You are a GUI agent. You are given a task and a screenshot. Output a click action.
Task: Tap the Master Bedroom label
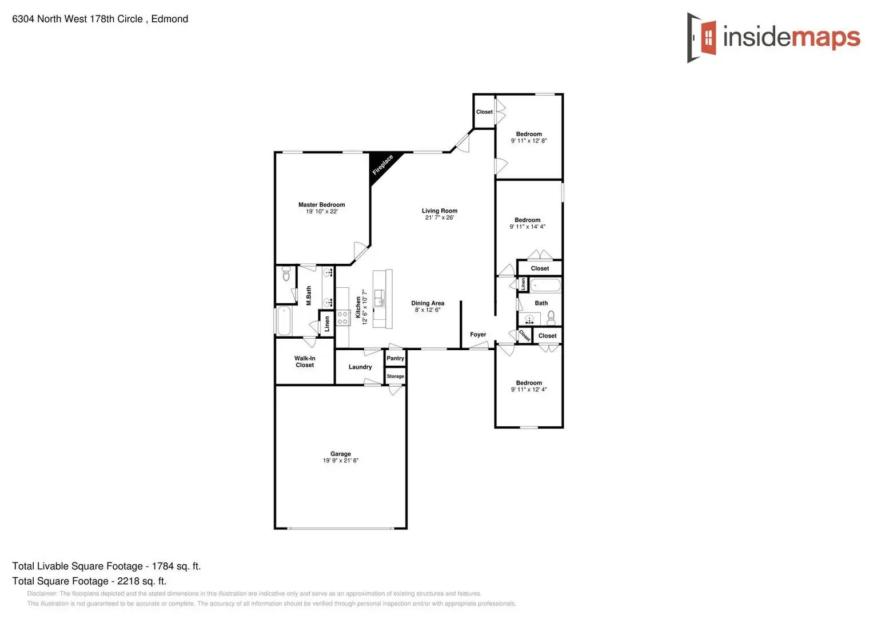[x=321, y=205]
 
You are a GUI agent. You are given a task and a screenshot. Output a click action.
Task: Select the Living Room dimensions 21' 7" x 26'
[x=439, y=217]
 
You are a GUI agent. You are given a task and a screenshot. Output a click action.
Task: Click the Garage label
[x=340, y=454]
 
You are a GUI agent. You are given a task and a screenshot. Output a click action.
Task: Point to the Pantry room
[x=395, y=358]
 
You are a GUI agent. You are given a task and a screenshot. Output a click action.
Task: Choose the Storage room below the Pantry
[x=395, y=376]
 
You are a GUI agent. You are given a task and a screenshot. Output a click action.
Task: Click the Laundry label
[x=360, y=367]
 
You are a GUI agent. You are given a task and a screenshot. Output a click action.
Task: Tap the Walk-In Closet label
[x=305, y=362]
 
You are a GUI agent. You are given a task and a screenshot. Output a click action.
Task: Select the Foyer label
[x=478, y=335]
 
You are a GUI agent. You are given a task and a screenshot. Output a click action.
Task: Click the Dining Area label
[x=428, y=303]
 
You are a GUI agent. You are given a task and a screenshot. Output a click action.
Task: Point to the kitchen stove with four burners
[x=342, y=318]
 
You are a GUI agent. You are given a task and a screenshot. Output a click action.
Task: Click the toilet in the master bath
[x=286, y=276]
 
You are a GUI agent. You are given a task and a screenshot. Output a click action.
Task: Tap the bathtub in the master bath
[x=284, y=321]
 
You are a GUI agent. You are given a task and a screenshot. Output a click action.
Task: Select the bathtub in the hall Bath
[x=545, y=285]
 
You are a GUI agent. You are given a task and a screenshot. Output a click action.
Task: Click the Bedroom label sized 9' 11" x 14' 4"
[x=527, y=220]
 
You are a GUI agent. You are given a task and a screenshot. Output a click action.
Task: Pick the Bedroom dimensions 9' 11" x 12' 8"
[x=529, y=141]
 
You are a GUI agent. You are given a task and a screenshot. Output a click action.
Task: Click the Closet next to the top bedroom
[x=484, y=112]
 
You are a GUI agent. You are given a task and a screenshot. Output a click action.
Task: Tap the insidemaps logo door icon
[x=702, y=38]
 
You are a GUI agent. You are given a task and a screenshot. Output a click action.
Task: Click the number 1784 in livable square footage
[x=162, y=566]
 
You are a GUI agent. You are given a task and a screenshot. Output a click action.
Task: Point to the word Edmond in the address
[x=170, y=19]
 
